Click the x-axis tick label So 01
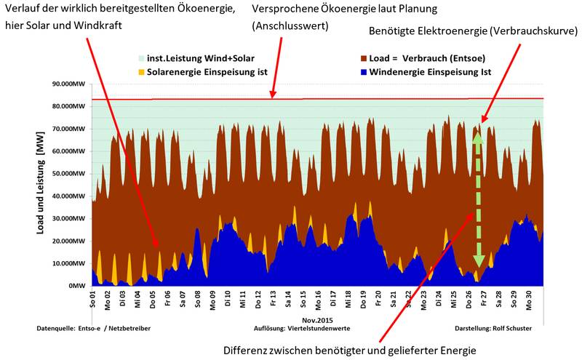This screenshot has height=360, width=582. [92, 300]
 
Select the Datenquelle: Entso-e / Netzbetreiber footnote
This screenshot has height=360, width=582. [94, 329]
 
